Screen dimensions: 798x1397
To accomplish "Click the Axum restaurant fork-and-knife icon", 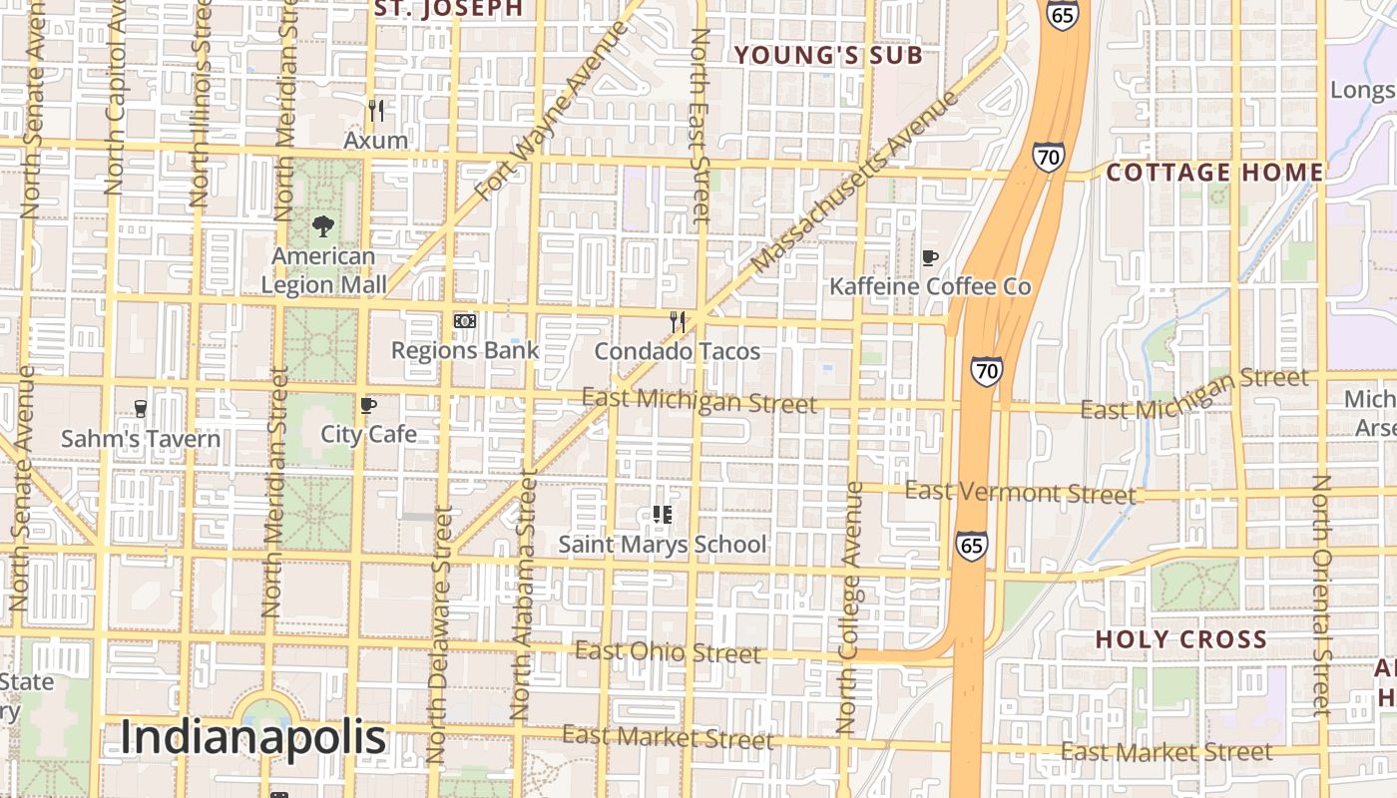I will [x=376, y=110].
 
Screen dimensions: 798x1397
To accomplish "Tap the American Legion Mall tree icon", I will [x=323, y=226].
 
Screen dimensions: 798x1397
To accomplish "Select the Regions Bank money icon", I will [x=464, y=321].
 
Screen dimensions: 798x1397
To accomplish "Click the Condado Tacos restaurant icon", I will [x=678, y=321].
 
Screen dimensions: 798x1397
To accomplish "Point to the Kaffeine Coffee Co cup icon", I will [x=930, y=258].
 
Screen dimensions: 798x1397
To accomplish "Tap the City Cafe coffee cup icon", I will [x=368, y=405].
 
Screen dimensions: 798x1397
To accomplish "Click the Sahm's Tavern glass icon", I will [x=141, y=408].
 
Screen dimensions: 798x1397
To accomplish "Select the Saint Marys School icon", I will [x=663, y=515].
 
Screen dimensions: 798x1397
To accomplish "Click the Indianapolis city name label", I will [x=253, y=738].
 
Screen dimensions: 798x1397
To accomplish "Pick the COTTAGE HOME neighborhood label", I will [x=1214, y=173].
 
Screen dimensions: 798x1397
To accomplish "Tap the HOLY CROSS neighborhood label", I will [x=1180, y=639].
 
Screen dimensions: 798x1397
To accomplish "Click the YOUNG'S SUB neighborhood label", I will [x=828, y=56].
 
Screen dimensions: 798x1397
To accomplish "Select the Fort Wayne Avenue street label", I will [x=553, y=111].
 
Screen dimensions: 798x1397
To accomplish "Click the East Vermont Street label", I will [x=1019, y=493].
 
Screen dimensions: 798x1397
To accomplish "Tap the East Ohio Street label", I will [x=668, y=652].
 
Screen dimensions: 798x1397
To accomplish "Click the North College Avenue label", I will [x=850, y=608].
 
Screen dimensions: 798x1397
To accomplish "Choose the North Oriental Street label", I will [x=1322, y=595].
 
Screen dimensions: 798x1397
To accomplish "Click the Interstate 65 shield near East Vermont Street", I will [x=972, y=545].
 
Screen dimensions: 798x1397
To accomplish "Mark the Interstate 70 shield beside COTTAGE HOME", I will [x=1048, y=157].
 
